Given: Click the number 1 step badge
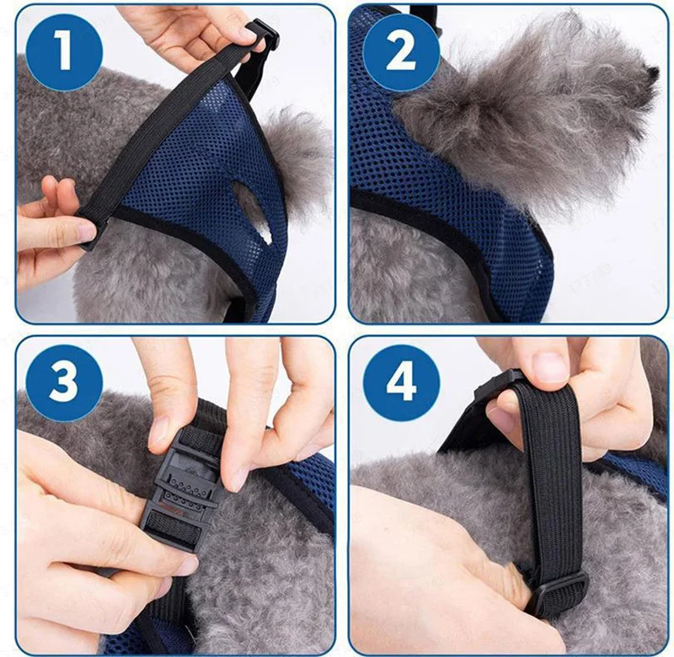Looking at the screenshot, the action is click(x=65, y=52).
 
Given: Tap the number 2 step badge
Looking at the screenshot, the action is click(x=402, y=52).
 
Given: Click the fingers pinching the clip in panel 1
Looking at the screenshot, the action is click(x=206, y=35).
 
